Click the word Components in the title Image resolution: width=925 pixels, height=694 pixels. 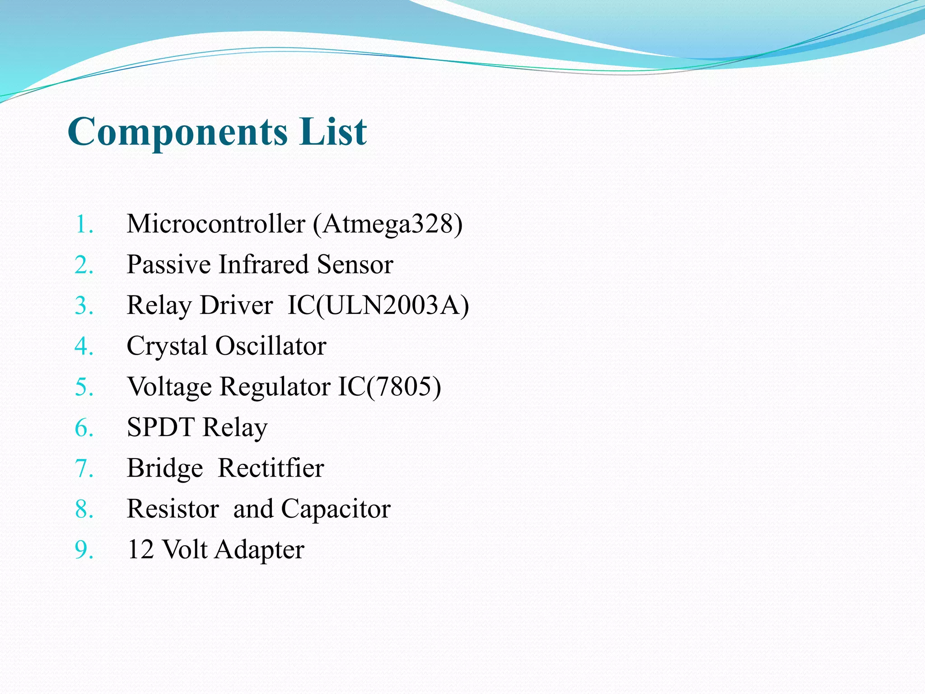[178, 132]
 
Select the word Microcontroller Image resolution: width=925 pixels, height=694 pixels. [216, 224]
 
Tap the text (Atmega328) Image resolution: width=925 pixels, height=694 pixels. [388, 224]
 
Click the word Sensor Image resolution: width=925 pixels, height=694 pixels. [355, 264]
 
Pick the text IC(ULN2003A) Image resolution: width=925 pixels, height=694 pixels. [378, 305]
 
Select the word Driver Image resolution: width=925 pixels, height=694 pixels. [236, 305]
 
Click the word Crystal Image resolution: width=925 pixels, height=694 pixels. [167, 347]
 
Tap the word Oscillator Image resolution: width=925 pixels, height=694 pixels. [271, 346]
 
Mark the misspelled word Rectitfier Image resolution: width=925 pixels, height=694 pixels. [271, 468]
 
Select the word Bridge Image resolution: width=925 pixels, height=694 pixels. [165, 469]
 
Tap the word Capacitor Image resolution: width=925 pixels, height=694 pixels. [336, 509]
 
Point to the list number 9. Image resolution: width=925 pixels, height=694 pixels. [84, 550]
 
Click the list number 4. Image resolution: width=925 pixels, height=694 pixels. [84, 346]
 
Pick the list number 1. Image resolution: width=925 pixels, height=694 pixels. [84, 224]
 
